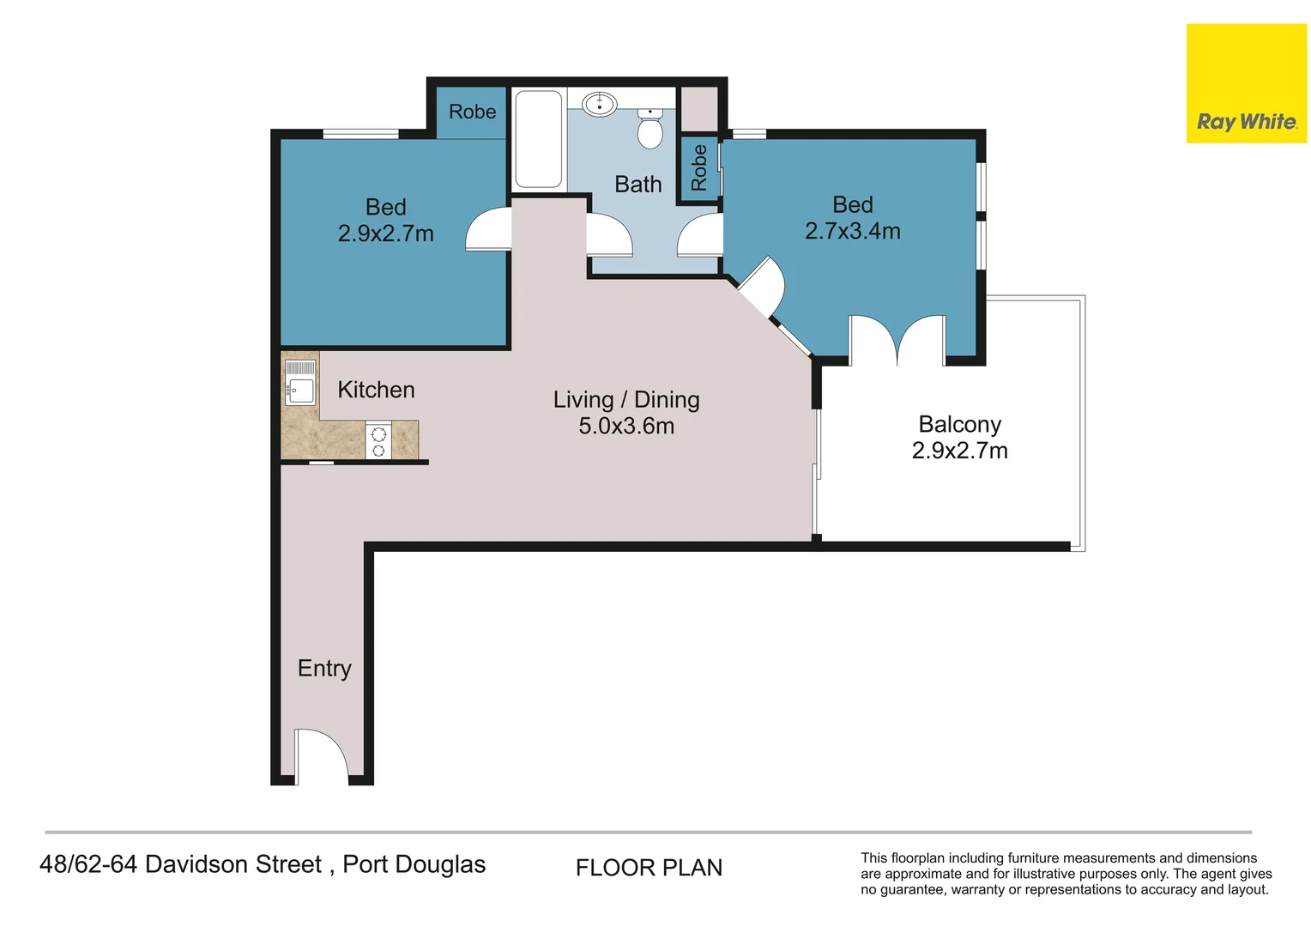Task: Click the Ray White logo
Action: click(x=1246, y=83)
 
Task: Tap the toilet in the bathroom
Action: click(x=649, y=128)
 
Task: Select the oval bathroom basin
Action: click(x=600, y=104)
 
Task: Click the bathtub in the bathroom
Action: click(x=539, y=139)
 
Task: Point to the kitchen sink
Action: click(x=300, y=384)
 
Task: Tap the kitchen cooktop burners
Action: click(x=378, y=441)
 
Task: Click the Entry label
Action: click(x=324, y=668)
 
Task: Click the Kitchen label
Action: click(x=377, y=390)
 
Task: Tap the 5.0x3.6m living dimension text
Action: click(x=626, y=426)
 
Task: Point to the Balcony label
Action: click(x=960, y=425)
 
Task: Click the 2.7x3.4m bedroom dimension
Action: click(x=853, y=231)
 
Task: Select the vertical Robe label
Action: click(x=698, y=168)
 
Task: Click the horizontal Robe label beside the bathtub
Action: click(x=472, y=112)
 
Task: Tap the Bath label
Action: click(x=638, y=185)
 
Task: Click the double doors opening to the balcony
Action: click(x=897, y=340)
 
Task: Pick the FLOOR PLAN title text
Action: click(x=649, y=868)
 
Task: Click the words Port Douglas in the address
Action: click(x=414, y=865)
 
